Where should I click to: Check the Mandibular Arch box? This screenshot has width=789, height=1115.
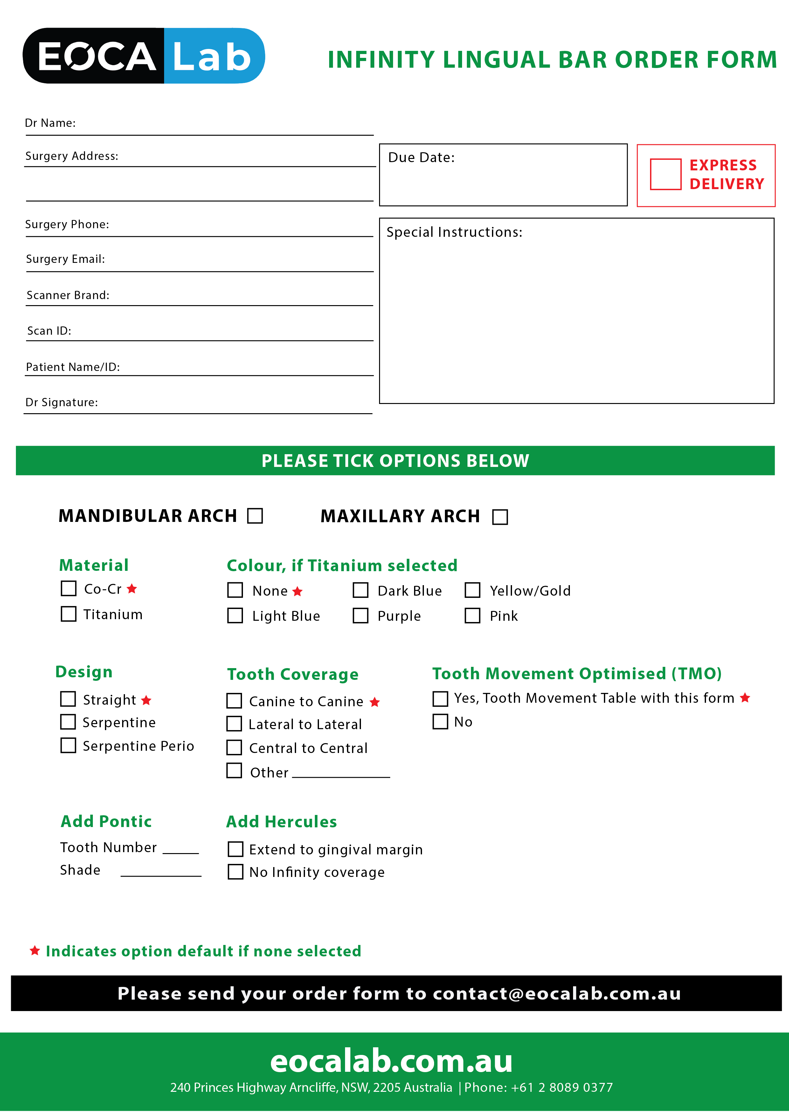click(255, 516)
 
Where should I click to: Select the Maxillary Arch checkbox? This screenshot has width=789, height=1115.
click(500, 517)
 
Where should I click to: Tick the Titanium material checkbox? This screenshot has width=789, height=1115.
click(68, 614)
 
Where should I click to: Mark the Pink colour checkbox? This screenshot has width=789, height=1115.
click(472, 616)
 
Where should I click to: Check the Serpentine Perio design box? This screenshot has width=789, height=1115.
click(68, 745)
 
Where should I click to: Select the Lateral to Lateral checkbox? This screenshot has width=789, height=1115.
click(234, 724)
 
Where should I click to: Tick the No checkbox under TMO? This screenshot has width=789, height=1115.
click(440, 722)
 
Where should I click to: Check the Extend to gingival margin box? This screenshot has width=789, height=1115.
click(236, 849)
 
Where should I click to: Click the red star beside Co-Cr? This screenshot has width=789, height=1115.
click(132, 589)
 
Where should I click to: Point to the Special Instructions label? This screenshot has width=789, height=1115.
click(454, 232)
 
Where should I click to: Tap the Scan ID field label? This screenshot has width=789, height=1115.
click(49, 331)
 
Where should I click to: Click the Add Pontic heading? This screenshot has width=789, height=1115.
click(106, 821)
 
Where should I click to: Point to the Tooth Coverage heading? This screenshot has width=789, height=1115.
click(293, 674)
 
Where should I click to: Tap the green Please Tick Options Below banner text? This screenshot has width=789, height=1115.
click(395, 460)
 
